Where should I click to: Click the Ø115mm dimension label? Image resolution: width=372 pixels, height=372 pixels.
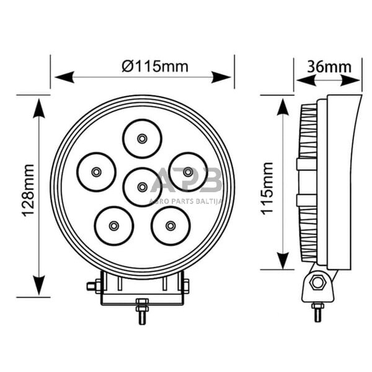155,66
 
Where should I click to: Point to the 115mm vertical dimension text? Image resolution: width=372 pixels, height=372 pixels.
267,188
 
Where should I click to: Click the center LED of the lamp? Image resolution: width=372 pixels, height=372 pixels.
142,187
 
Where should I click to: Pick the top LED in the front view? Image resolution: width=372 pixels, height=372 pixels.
142,138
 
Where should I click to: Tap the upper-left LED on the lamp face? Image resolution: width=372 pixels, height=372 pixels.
96,171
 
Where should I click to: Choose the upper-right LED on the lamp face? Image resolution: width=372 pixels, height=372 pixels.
188,171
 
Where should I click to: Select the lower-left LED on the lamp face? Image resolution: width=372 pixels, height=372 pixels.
113,225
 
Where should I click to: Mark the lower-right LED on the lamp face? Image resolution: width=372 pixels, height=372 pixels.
170,225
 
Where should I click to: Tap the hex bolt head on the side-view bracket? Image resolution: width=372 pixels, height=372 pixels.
318,283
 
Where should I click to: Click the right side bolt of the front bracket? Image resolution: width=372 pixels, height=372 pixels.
185,286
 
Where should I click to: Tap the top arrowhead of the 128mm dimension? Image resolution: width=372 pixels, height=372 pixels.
38,107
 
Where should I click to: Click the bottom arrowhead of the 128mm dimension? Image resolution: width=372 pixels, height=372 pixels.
38,286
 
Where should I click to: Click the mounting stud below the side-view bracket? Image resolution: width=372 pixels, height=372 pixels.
317,312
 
